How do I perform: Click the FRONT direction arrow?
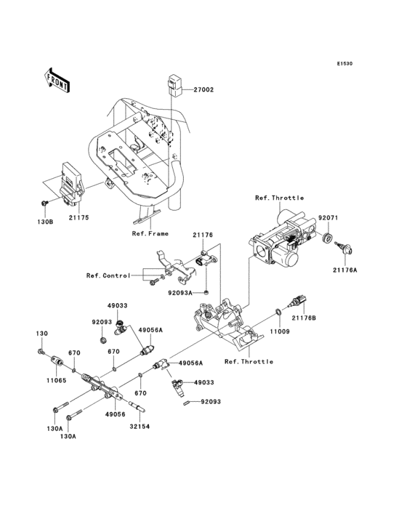coord(57,79)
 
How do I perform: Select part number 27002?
coord(204,90)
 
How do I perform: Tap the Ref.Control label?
coord(108,275)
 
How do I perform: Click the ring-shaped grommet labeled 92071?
coord(328,238)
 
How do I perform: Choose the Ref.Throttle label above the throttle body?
coord(279,198)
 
